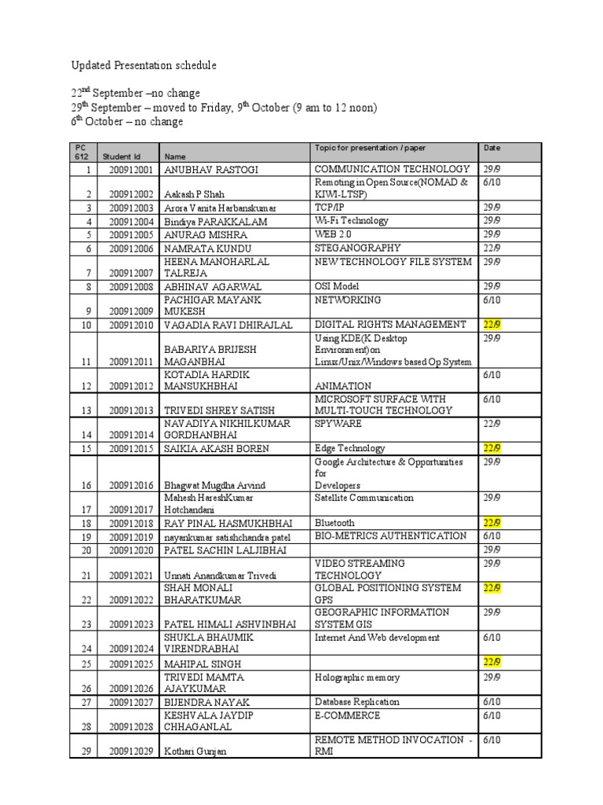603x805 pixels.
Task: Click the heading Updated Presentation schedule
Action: pos(144,65)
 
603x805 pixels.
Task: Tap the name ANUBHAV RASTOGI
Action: pos(210,169)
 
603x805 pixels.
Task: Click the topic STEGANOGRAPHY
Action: pos(357,248)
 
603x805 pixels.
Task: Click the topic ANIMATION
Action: pos(343,386)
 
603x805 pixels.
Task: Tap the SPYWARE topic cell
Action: pos(338,423)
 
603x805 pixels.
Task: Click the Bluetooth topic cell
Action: pos(334,523)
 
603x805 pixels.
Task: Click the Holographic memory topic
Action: pos(357,677)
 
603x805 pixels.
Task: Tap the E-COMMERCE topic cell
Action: pos(347,715)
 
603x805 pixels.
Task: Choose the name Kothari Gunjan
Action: pos(196,752)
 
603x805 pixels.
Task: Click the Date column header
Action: pos(492,148)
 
